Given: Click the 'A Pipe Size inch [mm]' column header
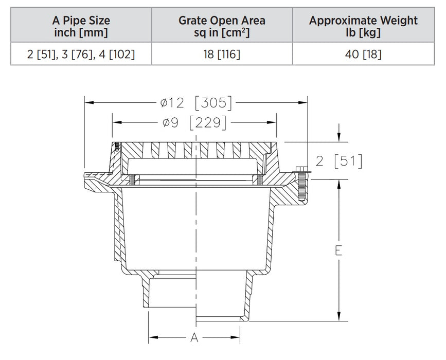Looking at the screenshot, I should point(81,27).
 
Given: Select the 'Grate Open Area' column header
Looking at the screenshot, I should point(222,27).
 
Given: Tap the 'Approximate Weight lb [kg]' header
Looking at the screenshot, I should point(363,27).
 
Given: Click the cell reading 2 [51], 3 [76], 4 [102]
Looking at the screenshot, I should point(81,54).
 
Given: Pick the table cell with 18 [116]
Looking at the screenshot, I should point(222,54).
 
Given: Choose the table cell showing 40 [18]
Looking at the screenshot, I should point(363,54).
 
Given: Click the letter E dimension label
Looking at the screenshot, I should point(338,250).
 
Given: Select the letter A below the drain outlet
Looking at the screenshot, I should point(194,338).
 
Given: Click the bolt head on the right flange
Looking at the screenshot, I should point(300,169).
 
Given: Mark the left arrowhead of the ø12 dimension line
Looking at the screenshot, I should point(88,103).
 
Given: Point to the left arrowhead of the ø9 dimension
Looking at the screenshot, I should point(116,122).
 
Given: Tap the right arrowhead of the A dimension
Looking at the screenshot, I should point(238,338).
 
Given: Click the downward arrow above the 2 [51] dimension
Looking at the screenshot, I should point(338,137).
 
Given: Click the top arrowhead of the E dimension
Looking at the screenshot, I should point(338,184).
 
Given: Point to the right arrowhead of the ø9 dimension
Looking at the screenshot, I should point(275,122).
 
